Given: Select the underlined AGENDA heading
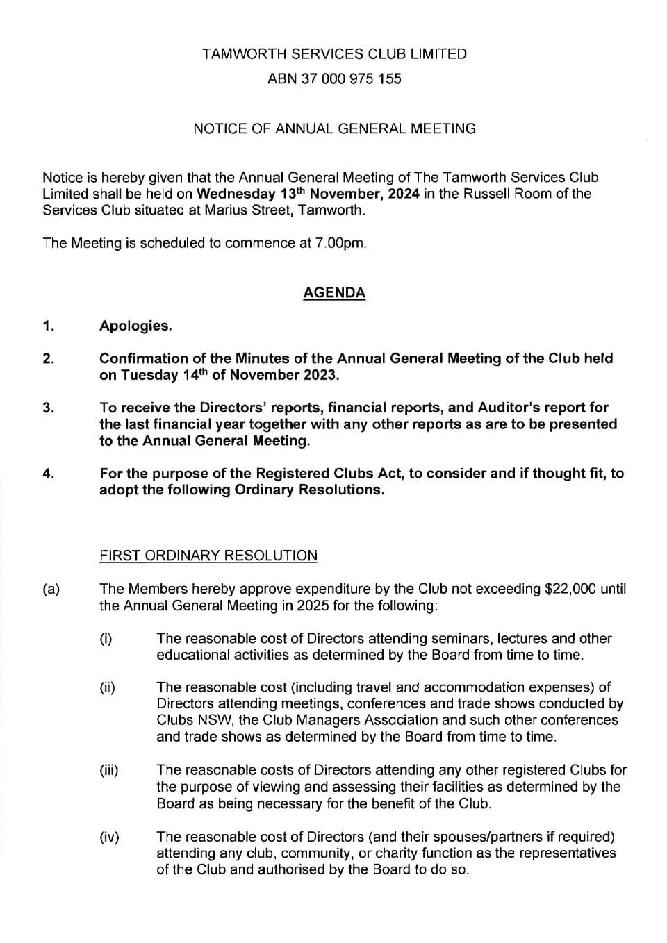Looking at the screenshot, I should (x=334, y=293).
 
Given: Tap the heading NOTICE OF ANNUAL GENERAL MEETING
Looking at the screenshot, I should (x=334, y=128).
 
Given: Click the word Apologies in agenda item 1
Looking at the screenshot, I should (x=135, y=326).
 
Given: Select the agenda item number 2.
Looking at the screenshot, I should (x=48, y=359).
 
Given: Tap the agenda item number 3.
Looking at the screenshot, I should (x=48, y=408).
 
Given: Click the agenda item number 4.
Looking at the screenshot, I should (x=48, y=474).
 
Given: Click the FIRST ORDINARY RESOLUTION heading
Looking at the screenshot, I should (x=208, y=556).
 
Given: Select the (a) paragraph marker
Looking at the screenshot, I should (x=51, y=590).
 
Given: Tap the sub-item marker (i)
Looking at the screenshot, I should (x=106, y=639).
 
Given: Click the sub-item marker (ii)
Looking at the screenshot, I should (x=107, y=688).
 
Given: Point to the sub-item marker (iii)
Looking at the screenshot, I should (x=109, y=770).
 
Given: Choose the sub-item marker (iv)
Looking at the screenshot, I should (x=109, y=837).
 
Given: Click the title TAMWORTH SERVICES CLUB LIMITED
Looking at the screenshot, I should (x=334, y=54).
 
